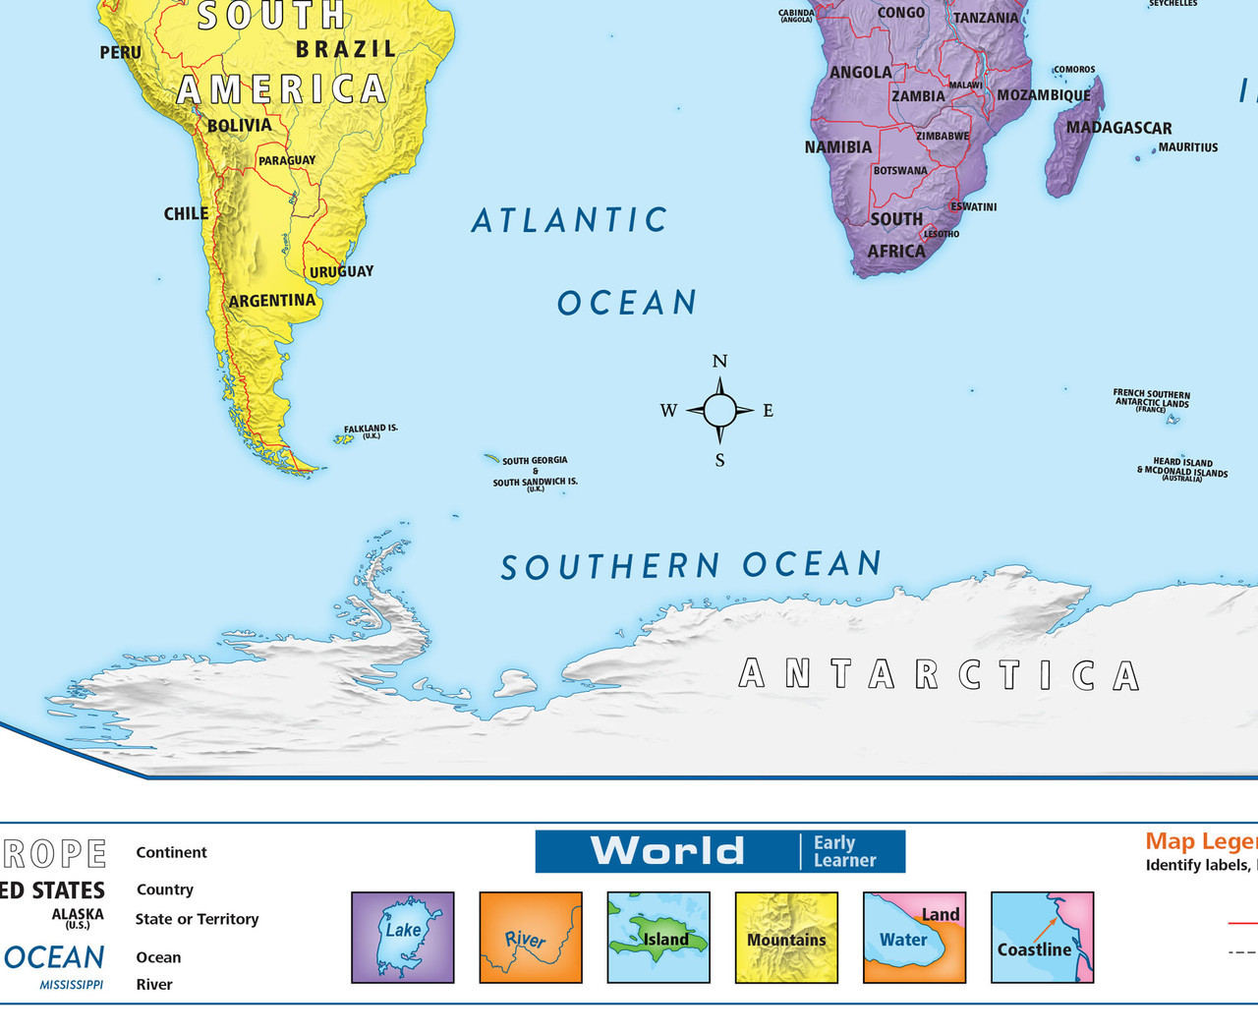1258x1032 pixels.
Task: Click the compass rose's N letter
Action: tap(719, 362)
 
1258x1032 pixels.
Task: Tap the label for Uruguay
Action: tap(341, 272)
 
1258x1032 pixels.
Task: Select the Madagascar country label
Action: tap(1118, 128)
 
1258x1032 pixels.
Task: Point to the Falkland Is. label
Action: tap(371, 430)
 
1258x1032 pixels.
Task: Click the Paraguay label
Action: tap(287, 160)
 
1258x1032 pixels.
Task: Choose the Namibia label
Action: tap(837, 147)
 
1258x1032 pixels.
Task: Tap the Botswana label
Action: tap(900, 171)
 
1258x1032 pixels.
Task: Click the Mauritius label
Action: tap(1187, 147)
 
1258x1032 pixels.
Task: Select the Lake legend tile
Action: tap(403, 937)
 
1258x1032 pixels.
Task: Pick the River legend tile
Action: tap(531, 937)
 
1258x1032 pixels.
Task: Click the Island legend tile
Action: tap(658, 937)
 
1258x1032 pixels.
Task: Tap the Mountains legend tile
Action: tap(786, 937)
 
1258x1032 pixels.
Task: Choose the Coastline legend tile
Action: tap(1042, 937)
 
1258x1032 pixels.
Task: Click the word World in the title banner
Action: tap(667, 851)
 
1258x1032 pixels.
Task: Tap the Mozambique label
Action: tap(1044, 95)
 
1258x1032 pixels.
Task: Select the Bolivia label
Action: tap(239, 126)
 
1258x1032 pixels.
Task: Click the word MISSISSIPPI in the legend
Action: tap(72, 984)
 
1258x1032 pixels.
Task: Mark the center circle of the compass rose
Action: tap(719, 410)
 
